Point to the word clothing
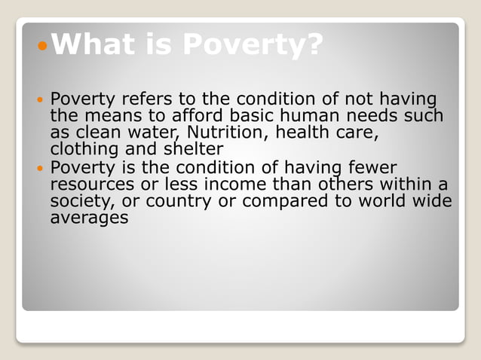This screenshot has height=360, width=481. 81,149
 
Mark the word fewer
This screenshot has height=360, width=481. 369,167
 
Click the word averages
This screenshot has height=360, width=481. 89,218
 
